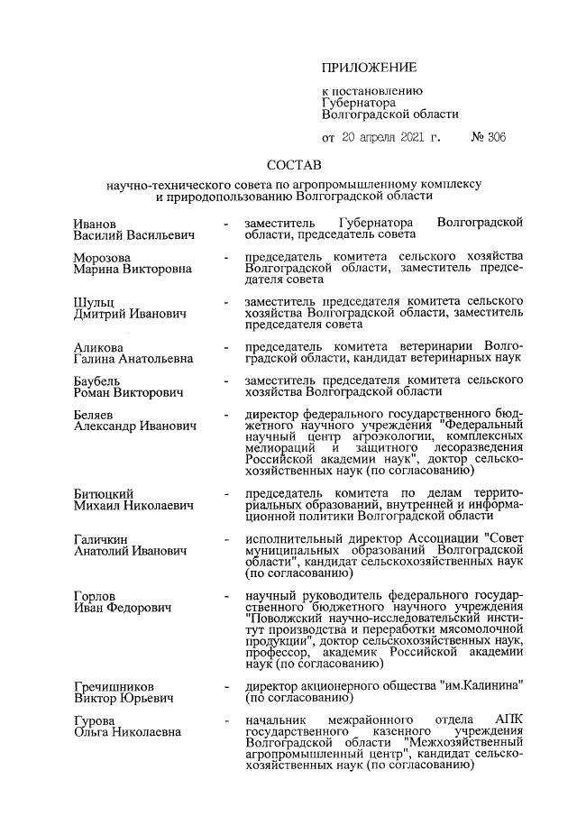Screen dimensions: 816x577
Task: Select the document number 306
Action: pos(494,138)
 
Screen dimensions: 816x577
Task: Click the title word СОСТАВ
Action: pos(293,167)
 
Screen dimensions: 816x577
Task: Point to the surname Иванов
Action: pos(94,223)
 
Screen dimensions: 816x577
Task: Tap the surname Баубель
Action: pos(97,382)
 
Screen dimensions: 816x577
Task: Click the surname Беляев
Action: pos(95,417)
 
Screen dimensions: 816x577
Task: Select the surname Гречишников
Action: pos(114,686)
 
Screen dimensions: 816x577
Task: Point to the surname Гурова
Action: pos(95,721)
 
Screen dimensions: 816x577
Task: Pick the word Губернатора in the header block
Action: pos(359,103)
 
